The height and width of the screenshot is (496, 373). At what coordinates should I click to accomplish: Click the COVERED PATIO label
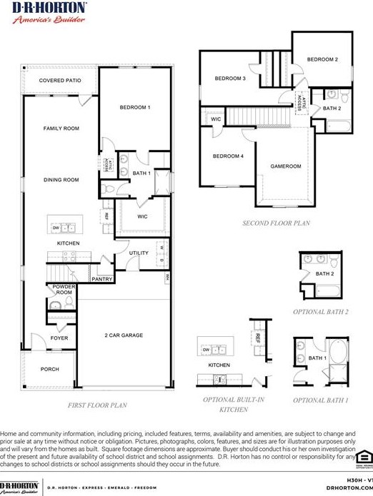tap(60, 81)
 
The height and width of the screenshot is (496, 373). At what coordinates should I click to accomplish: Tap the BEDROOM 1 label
tap(134, 107)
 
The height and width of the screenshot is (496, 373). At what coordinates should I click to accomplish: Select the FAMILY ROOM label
tap(61, 128)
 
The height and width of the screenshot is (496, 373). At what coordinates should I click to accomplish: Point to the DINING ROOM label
tap(61, 180)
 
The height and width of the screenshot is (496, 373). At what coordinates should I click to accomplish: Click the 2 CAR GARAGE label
tap(124, 335)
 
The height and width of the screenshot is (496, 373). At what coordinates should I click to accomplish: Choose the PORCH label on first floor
tap(49, 369)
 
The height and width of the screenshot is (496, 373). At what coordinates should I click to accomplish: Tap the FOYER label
tap(59, 338)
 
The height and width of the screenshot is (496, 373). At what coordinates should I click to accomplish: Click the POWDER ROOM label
tap(64, 289)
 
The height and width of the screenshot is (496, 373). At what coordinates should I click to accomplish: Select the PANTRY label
tap(101, 279)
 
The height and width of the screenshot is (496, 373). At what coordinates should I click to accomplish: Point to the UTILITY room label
tap(139, 253)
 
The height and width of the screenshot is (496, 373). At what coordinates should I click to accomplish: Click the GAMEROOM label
tap(285, 166)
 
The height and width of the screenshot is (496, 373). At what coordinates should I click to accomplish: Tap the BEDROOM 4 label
tap(228, 156)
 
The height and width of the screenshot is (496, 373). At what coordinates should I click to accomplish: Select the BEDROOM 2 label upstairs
tap(322, 59)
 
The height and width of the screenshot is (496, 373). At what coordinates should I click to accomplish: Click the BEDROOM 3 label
tap(230, 79)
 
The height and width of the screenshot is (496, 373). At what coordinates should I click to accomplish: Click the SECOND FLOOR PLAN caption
tap(276, 223)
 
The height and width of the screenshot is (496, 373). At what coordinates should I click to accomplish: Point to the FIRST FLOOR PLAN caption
tap(97, 405)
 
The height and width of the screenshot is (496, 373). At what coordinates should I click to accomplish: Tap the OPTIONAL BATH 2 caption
tap(320, 312)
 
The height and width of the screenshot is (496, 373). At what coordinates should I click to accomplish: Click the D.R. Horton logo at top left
tap(49, 11)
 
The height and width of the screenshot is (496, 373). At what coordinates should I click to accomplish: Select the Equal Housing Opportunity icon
tap(364, 457)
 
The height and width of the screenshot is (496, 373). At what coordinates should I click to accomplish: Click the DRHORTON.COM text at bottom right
tap(349, 487)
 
